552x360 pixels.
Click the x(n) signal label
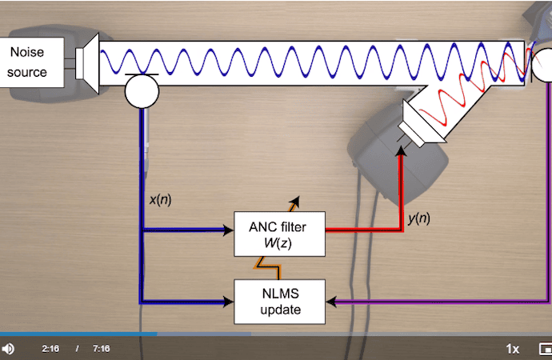point(160,199)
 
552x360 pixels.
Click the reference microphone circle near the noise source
point(142,90)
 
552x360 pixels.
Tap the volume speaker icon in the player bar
point(8,349)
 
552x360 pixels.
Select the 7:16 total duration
point(101,349)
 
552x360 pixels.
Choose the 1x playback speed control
point(513,349)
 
